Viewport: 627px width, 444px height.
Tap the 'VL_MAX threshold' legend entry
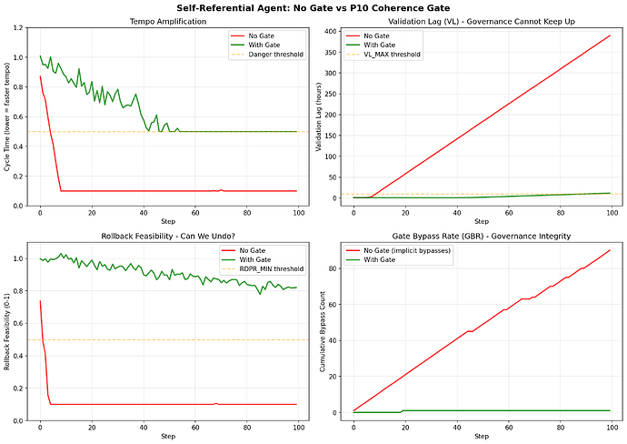392,55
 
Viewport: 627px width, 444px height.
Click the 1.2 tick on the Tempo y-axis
19,28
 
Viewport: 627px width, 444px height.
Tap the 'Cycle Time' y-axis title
7,117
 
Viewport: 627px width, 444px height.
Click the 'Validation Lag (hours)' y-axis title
320,117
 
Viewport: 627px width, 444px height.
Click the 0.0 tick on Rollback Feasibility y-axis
19,420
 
